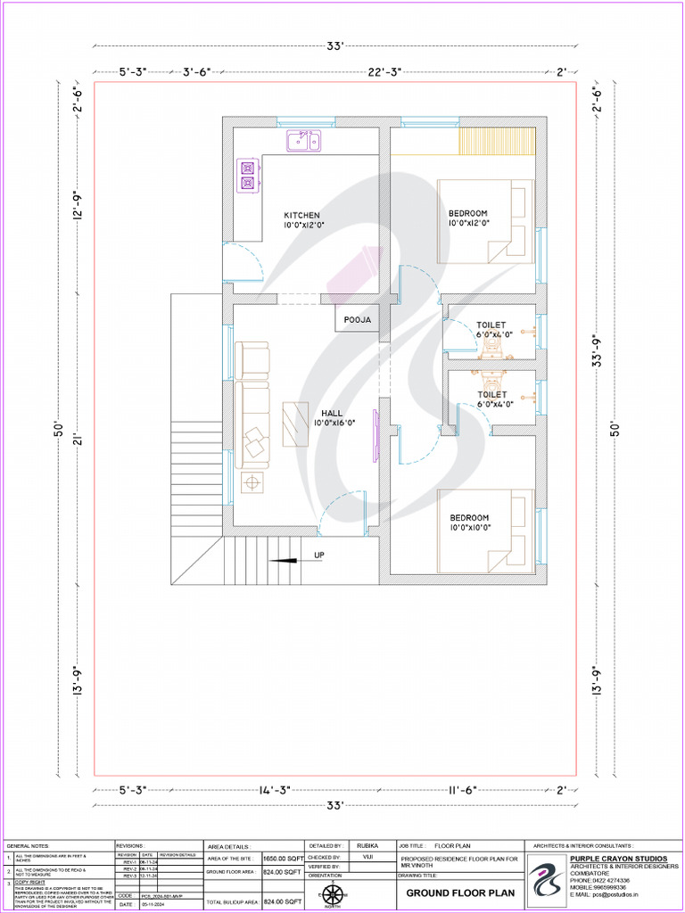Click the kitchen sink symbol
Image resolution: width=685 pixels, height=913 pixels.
point(303,141)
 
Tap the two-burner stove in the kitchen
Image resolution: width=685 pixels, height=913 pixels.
point(247,175)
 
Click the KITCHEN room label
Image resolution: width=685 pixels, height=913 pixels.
point(301,216)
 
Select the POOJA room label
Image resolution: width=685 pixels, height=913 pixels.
point(357,319)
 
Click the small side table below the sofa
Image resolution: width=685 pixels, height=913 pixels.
point(252,482)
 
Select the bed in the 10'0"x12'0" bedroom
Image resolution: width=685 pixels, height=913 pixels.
point(485,220)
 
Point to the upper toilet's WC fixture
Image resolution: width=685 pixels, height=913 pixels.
point(491,349)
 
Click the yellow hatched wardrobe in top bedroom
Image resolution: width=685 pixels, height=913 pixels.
point(496,142)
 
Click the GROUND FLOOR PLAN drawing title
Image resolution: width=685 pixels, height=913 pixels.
point(460,892)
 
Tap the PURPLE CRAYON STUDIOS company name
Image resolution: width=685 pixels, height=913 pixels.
point(618,859)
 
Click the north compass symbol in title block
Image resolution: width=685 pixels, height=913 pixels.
point(333,894)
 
